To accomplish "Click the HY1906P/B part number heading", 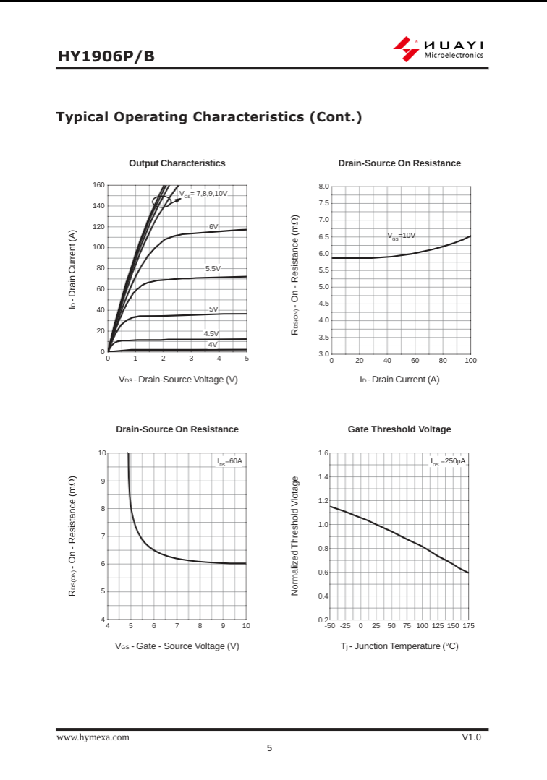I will click(x=106, y=56).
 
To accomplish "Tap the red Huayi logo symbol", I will click(x=406, y=48).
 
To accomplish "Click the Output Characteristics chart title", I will click(x=177, y=163).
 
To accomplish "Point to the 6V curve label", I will click(x=213, y=226).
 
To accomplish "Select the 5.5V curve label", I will click(x=213, y=268).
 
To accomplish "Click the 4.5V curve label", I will click(x=211, y=333).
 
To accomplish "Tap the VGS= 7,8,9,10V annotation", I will click(x=203, y=194).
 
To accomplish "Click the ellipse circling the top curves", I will click(x=162, y=201).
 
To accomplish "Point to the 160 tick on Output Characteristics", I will click(x=98, y=185).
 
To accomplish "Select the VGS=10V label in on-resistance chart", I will click(x=401, y=236).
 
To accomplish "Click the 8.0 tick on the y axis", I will click(x=323, y=187).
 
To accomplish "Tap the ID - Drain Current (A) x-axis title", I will click(x=399, y=380).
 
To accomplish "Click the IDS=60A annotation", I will click(x=229, y=461).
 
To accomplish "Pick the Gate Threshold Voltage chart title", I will click(x=399, y=429).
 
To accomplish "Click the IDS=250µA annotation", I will click(x=448, y=461).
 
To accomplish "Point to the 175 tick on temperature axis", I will click(x=467, y=626).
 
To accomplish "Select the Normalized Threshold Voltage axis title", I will click(x=295, y=536).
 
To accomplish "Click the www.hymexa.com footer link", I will click(x=93, y=737).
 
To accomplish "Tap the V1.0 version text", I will click(x=471, y=737).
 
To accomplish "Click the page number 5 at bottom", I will click(x=269, y=748).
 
